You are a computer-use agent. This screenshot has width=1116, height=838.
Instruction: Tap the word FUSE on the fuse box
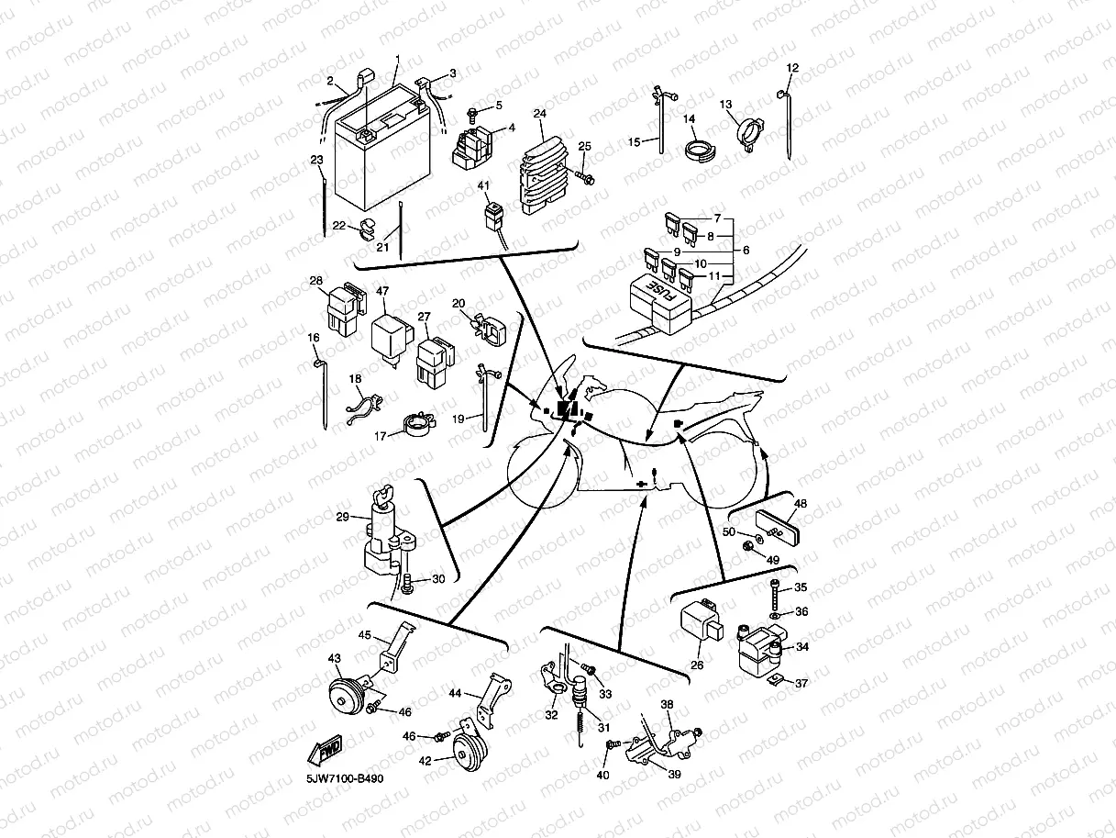[x=657, y=292]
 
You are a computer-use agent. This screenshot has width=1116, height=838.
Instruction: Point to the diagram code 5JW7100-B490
[x=345, y=779]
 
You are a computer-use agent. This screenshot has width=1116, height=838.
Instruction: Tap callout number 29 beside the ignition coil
[x=342, y=518]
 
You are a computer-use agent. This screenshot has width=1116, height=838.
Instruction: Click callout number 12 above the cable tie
[x=793, y=68]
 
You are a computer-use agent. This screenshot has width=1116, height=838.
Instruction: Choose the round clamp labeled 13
[x=749, y=130]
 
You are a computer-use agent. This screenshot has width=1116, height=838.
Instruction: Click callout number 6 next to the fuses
[x=746, y=250]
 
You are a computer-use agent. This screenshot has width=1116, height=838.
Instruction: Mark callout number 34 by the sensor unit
[x=802, y=647]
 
